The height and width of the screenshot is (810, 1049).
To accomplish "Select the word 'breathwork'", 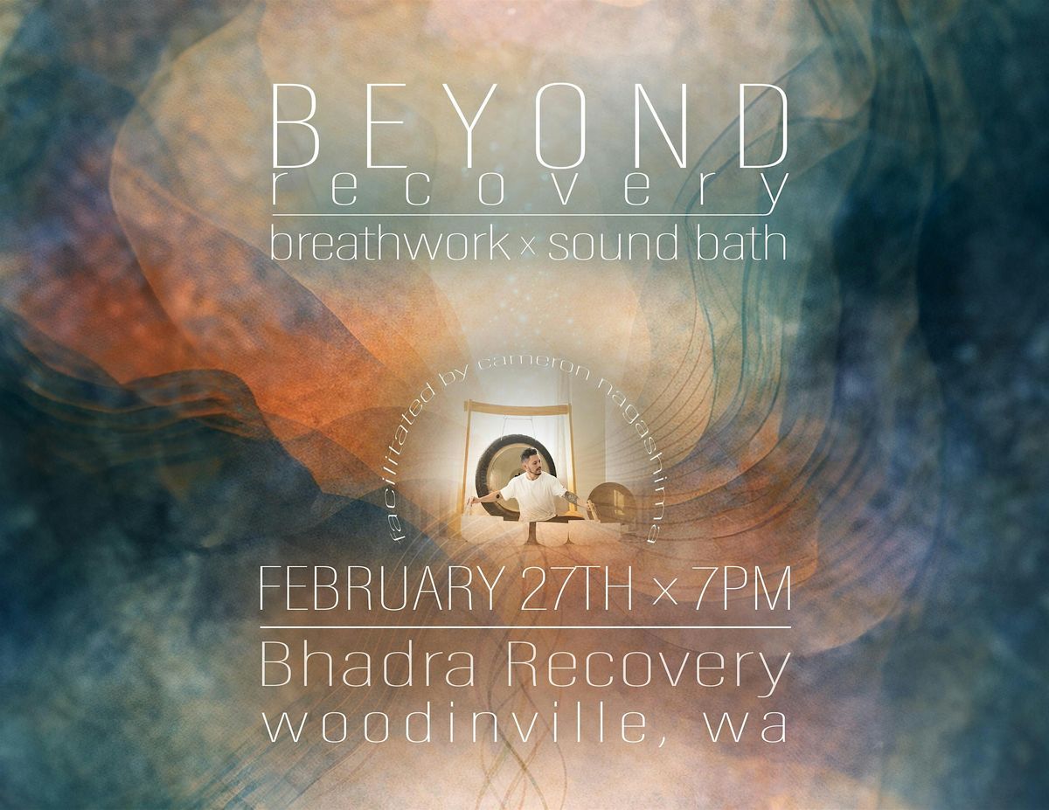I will (x=390, y=245).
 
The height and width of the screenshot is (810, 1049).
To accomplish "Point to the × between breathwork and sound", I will (x=527, y=248).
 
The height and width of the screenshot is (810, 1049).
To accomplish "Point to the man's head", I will (x=532, y=461).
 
